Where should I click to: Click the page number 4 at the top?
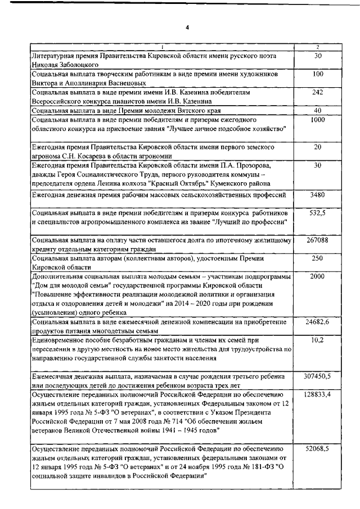pos(186,26)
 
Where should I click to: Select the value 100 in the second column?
pos(317,74)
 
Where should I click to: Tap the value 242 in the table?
pos(317,92)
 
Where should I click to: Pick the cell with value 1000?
pos(317,120)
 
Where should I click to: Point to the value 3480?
pos(317,195)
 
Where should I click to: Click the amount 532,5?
pos(317,214)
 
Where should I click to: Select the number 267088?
pos(317,240)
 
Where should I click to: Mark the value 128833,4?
pos(317,395)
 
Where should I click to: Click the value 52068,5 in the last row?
pos(317,449)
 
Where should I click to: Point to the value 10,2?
pos(317,340)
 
